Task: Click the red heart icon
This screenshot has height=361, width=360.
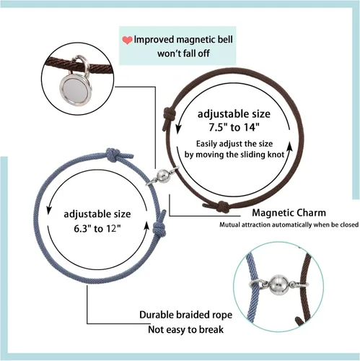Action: coord(127,40)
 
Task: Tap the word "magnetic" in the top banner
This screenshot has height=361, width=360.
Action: coord(196,40)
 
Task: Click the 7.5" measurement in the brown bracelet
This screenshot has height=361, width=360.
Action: coord(218,127)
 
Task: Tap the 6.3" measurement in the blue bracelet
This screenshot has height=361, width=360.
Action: coord(83,228)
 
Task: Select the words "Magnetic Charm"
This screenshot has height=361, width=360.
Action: coord(289,213)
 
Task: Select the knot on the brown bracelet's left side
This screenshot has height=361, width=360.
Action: coord(168,115)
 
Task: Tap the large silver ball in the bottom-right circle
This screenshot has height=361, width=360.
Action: coord(278,284)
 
